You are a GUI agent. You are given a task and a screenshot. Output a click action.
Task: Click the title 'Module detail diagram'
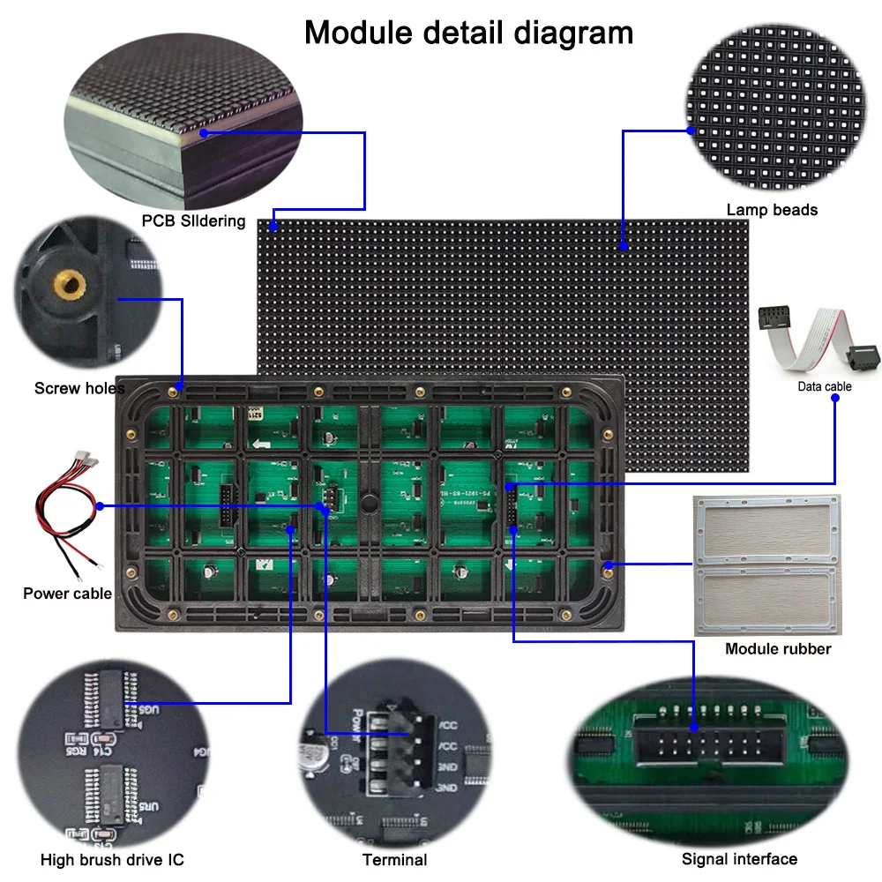coord(468,33)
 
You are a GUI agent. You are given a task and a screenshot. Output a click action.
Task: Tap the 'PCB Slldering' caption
coord(193,220)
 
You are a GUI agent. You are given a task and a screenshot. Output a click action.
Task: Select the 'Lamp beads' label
coord(772,210)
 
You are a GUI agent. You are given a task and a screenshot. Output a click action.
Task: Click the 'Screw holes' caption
coord(79,388)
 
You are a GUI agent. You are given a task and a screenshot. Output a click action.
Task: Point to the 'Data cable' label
coord(825,386)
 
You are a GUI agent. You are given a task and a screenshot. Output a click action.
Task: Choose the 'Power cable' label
coord(67,593)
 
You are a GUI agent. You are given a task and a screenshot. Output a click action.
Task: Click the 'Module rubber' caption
coord(778,649)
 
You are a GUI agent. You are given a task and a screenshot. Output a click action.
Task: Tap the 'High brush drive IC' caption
coord(112,859)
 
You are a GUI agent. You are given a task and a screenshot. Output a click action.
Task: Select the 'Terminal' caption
coord(394,859)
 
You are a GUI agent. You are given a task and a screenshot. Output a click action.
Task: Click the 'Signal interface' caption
coord(739,859)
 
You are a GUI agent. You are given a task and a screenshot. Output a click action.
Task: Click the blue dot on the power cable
coord(101,506)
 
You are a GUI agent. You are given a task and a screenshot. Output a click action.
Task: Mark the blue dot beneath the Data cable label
coord(834,399)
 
